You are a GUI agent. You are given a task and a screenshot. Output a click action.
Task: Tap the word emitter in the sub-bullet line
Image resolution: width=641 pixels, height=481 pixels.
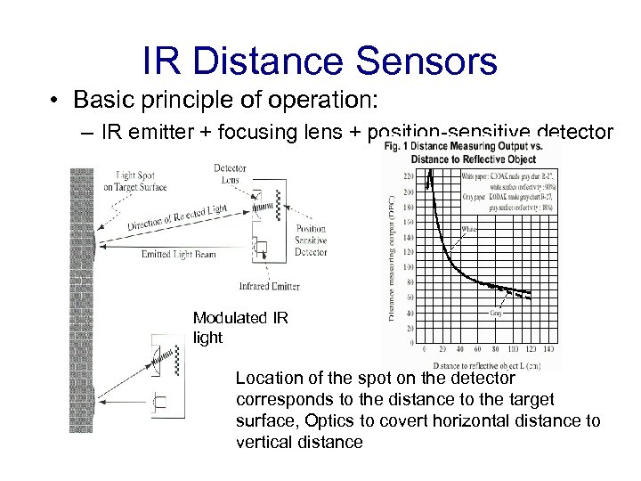click(x=167, y=133)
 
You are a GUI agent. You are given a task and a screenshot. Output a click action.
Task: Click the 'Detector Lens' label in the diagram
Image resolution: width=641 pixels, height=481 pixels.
click(x=230, y=174)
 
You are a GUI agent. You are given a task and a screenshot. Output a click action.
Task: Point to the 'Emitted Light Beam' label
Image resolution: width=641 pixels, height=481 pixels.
click(x=178, y=255)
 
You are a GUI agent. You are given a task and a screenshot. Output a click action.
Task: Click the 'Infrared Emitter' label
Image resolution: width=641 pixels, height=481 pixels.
click(x=270, y=287)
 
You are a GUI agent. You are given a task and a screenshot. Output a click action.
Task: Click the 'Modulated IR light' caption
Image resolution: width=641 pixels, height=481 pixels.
click(x=239, y=327)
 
